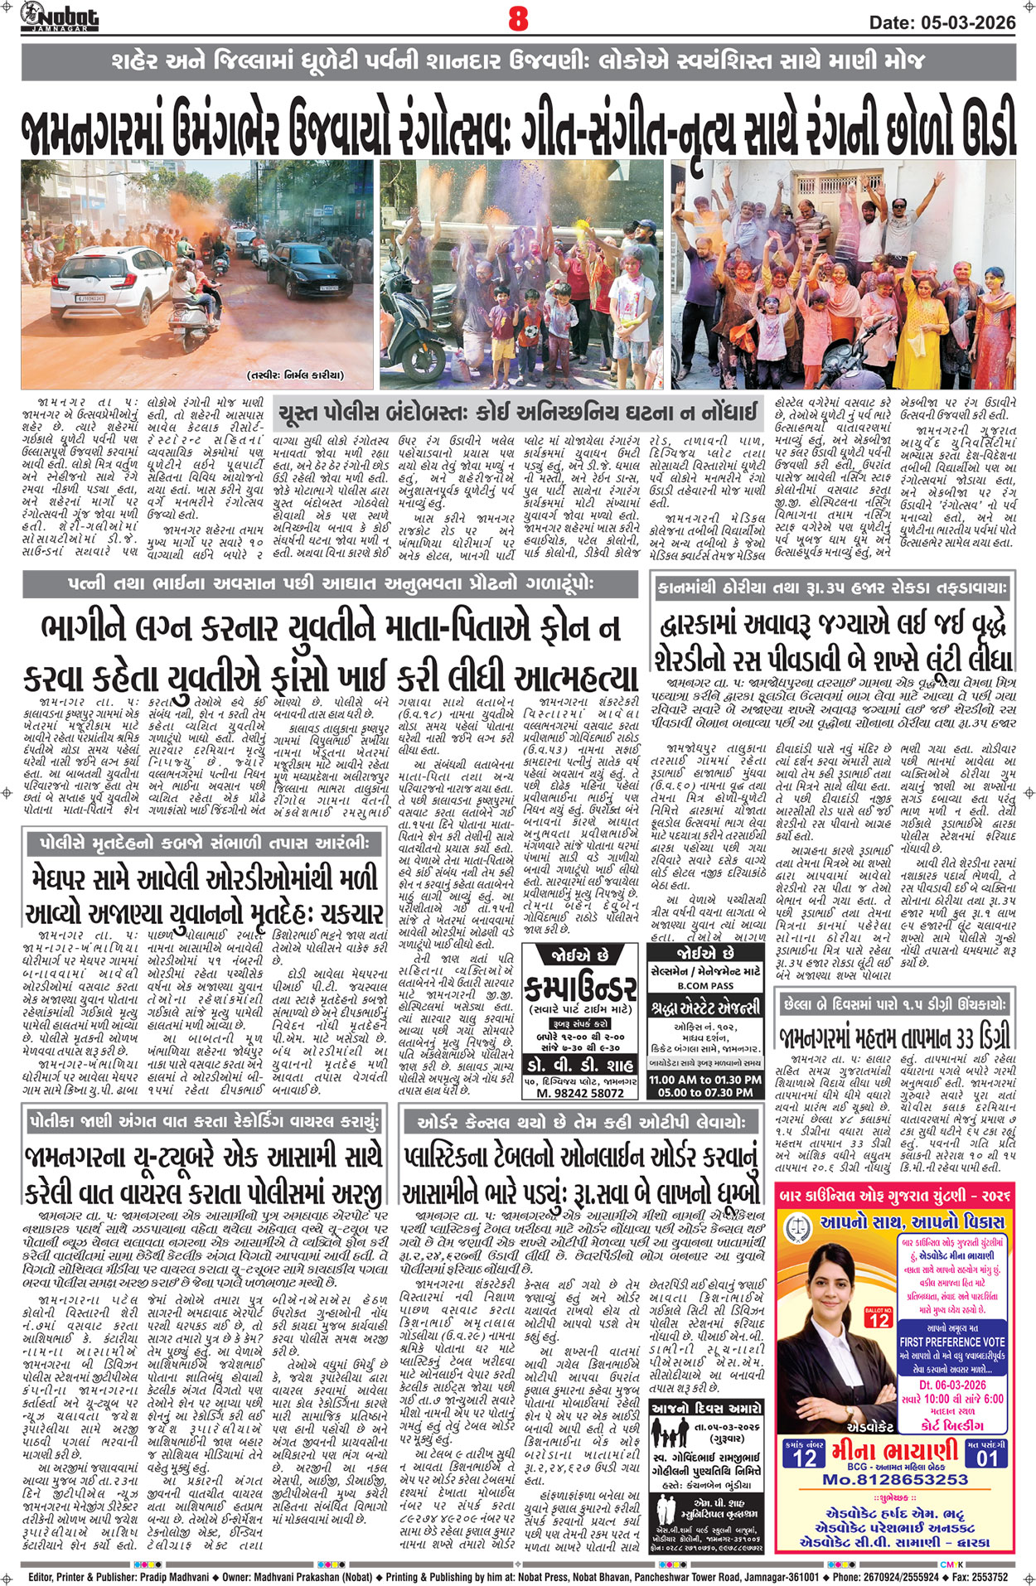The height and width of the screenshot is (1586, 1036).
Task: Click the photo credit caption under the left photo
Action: point(294,375)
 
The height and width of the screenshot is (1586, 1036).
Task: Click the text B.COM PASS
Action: point(704,986)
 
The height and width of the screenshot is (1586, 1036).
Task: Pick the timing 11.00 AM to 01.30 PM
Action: point(704,1080)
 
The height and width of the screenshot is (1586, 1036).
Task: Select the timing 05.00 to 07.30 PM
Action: point(704,1093)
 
